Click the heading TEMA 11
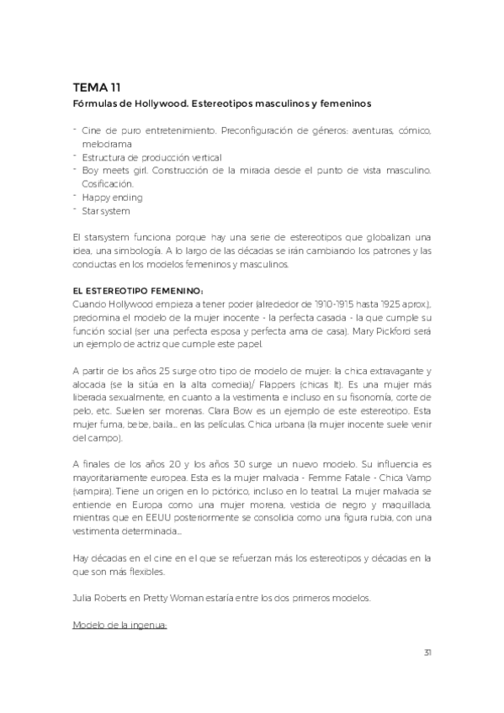tap(97, 87)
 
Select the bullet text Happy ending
tap(112, 198)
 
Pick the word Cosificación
tap(108, 183)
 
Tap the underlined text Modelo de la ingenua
tap(121, 626)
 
